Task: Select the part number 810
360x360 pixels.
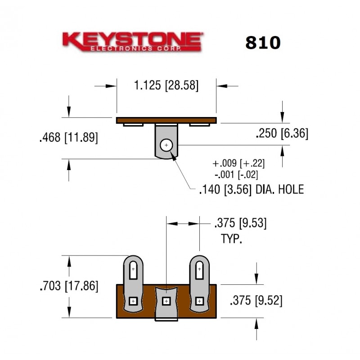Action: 263,42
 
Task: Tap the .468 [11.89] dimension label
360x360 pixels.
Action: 68,138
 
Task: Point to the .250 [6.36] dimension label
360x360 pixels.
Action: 282,134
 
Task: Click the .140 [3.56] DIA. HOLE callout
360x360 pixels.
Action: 251,189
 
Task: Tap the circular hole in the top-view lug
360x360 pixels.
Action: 166,145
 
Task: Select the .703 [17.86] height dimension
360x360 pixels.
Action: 69,286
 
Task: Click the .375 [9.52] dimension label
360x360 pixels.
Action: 256,301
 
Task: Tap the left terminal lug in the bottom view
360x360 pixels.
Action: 133,283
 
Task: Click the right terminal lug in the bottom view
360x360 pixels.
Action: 199,283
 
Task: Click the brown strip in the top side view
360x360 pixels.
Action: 166,120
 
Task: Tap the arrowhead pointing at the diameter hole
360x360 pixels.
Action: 173,158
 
